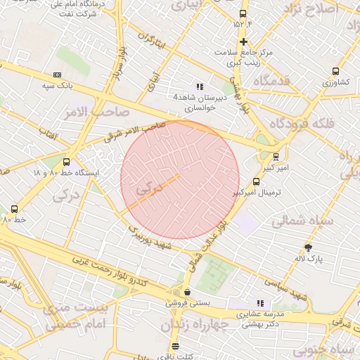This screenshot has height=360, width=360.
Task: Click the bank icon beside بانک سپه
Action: pyautogui.click(x=57, y=75)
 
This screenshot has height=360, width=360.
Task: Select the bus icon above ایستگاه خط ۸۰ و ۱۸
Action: pyautogui.click(x=67, y=162)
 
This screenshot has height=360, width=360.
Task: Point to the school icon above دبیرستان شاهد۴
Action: pyautogui.click(x=200, y=86)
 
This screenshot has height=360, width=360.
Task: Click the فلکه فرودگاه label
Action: pyautogui.click(x=302, y=124)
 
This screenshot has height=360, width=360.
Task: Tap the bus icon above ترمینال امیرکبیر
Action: pyautogui.click(x=255, y=182)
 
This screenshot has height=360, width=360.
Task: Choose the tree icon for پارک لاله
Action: pyautogui.click(x=308, y=247)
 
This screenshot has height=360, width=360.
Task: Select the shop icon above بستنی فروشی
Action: pyautogui.click(x=187, y=292)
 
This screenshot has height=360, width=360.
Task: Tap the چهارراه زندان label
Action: pyautogui.click(x=195, y=326)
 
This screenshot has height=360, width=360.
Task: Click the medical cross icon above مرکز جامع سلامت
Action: pyautogui.click(x=243, y=41)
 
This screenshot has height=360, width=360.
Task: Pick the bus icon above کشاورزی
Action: pyautogui.click(x=335, y=71)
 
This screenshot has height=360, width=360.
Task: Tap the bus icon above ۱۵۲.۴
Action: pyautogui.click(x=243, y=14)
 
